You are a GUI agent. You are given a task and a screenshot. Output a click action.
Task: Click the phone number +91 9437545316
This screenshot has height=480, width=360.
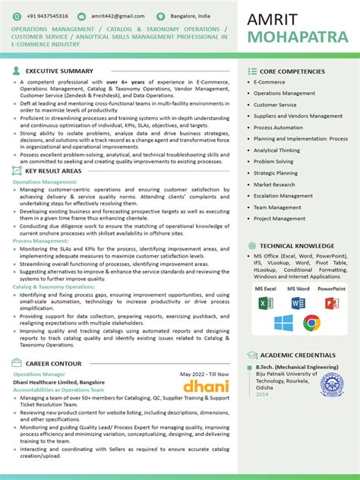pos(47,15)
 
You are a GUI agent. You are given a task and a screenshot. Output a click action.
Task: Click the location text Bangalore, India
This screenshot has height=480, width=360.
pos(191,15)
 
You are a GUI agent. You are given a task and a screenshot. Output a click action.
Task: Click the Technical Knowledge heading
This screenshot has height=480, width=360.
pos(297,246)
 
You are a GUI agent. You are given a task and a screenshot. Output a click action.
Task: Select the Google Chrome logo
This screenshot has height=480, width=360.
pos(311,324)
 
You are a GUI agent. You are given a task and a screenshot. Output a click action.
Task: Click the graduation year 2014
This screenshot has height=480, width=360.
pos(262,394)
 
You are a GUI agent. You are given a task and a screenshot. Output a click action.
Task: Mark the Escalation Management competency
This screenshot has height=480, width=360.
pos(283,196)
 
